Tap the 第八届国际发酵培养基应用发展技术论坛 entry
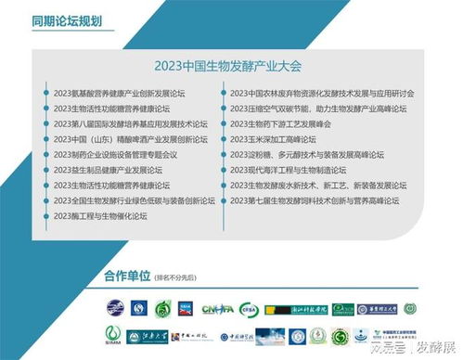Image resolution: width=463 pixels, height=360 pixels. coord(127,123)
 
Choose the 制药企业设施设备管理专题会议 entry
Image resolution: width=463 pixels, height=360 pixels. coord(115,154)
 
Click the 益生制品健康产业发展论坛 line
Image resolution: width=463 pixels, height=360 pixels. coord(110,170)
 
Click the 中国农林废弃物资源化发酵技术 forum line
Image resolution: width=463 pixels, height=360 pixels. coord(321,94)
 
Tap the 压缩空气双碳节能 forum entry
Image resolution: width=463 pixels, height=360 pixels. coord(317,109)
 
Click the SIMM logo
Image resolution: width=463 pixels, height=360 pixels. coord(113,335)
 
